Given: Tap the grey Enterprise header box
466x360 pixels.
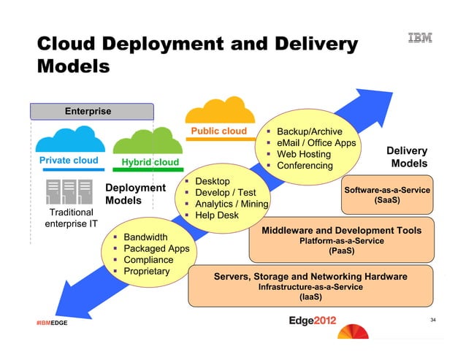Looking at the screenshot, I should pyautogui.click(x=91, y=112).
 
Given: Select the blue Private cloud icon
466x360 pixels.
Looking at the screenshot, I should pyautogui.click(x=66, y=139).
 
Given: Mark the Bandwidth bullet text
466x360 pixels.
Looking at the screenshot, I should pyautogui.click(x=145, y=237).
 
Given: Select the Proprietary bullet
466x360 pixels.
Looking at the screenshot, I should pyautogui.click(x=146, y=272).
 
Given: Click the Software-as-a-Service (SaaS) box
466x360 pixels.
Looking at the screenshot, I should pyautogui.click(x=386, y=194).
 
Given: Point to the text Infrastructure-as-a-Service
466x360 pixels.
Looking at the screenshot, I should pyautogui.click(x=310, y=287).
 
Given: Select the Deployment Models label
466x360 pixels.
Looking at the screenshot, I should pyautogui.click(x=136, y=194).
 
